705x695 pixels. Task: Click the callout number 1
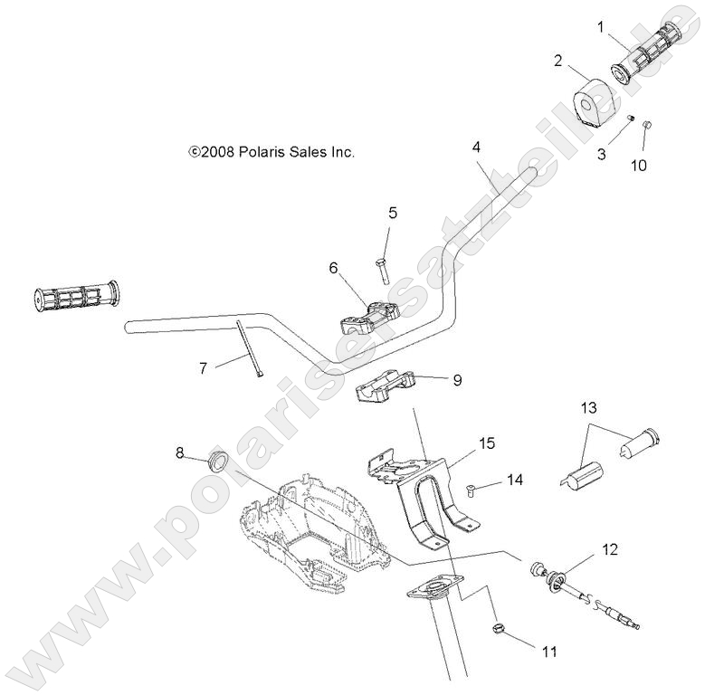599,28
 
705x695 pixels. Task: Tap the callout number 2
558,61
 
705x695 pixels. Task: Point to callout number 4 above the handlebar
476,148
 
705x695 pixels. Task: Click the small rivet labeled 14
472,490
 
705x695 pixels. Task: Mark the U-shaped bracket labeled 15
430,502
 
